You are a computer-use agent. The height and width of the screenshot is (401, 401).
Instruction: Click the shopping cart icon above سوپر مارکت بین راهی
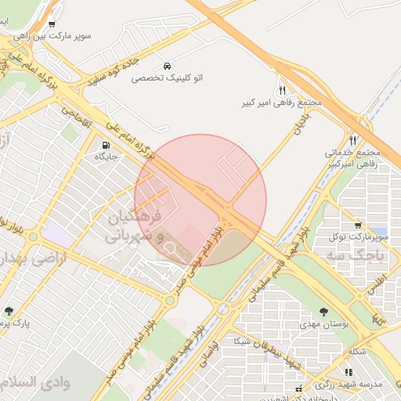click(52, 24)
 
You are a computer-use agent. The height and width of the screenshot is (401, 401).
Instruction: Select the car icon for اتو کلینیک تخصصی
click(167, 65)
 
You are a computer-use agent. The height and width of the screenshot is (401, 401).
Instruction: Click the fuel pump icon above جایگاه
click(104, 145)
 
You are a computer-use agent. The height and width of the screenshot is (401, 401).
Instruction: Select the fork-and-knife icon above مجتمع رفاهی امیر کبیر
click(282, 90)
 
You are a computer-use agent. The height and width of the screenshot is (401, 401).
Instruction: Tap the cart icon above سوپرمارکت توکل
click(358, 224)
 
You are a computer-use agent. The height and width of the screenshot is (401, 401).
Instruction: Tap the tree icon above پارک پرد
click(9, 311)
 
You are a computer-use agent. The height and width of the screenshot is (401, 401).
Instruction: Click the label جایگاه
click(105, 157)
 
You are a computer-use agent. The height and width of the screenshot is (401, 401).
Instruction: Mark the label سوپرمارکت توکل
click(358, 237)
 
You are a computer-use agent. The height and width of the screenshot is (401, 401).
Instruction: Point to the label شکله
click(356, 352)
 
